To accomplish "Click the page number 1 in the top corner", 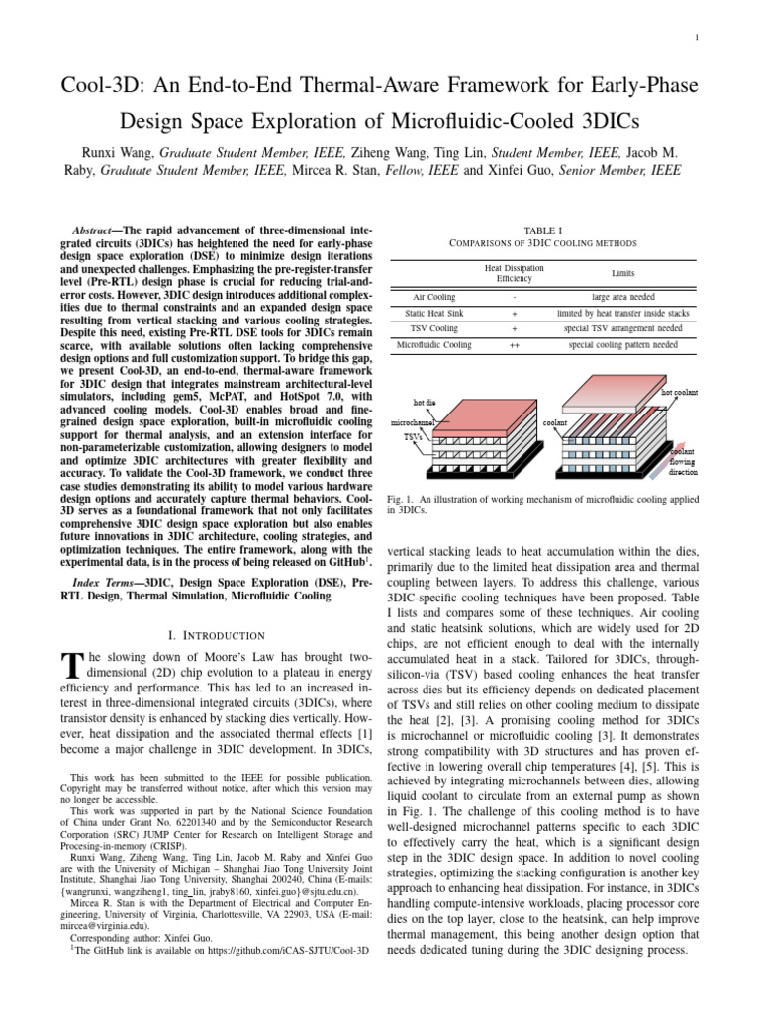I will pos(698,38).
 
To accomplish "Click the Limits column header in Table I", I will pos(623,272).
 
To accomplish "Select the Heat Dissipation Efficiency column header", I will pos(514,273).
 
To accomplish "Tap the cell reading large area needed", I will pos(623,296).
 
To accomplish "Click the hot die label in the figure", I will pos(426,402).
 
